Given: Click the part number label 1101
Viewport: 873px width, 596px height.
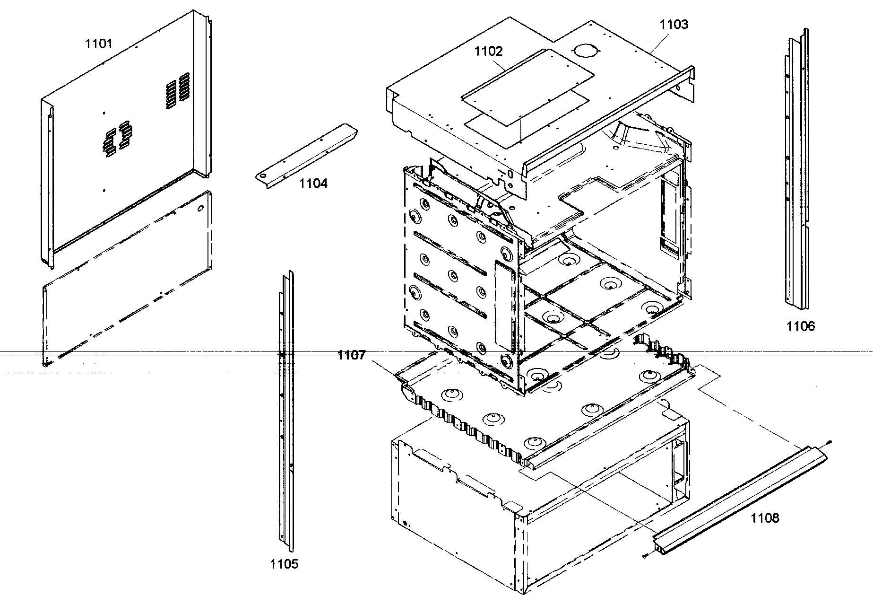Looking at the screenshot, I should (x=99, y=44).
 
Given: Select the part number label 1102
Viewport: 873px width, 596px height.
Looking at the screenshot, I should (x=489, y=51).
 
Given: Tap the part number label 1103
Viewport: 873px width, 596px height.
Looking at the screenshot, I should (x=674, y=25).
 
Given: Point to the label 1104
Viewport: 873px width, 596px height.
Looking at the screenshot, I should (x=313, y=183).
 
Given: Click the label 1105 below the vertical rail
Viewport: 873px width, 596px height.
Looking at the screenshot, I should (x=284, y=564).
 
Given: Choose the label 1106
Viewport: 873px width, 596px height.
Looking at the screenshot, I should (x=801, y=326).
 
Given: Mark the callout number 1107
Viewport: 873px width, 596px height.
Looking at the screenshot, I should (x=351, y=355).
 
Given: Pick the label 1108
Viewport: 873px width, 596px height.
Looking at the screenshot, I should (x=765, y=518).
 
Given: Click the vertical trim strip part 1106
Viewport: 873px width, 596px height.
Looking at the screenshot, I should (x=797, y=166).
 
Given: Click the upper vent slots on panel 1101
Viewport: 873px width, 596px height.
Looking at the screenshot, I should (x=178, y=90).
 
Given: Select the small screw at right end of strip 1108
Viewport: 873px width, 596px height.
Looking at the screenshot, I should (x=830, y=442).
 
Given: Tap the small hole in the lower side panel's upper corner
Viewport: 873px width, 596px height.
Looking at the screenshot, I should (x=201, y=208).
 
